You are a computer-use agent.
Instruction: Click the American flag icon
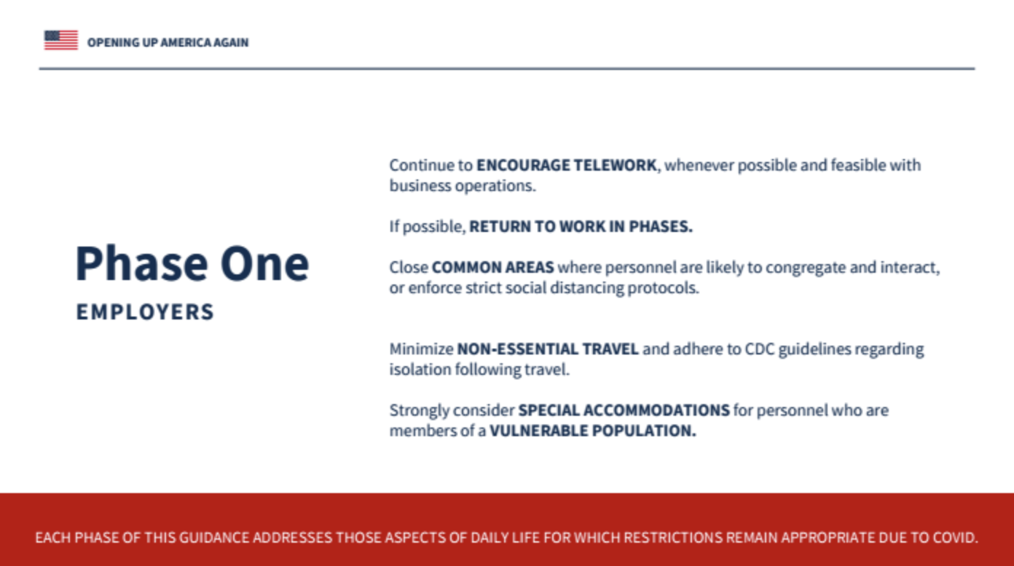[x=61, y=40]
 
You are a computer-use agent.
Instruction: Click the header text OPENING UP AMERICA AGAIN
[x=168, y=42]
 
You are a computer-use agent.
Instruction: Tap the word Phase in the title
[x=142, y=263]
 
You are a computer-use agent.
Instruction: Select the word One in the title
[x=265, y=263]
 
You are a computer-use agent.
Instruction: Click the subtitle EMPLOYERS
[x=145, y=312]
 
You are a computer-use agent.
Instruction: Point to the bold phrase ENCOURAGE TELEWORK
[x=567, y=166]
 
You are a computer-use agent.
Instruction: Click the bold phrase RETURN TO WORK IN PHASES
[x=581, y=227]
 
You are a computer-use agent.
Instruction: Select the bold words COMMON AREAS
[x=493, y=268]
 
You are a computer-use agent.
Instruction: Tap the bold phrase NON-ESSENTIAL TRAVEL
[x=548, y=349]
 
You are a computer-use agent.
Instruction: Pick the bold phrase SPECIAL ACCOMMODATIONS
[x=624, y=410]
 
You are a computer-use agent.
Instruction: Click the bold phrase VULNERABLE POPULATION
[x=592, y=430]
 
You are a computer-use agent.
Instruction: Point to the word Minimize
[x=422, y=349]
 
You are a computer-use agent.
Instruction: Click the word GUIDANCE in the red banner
[x=214, y=538]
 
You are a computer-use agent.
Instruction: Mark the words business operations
[x=463, y=186]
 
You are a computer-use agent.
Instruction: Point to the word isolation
[x=420, y=369]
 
